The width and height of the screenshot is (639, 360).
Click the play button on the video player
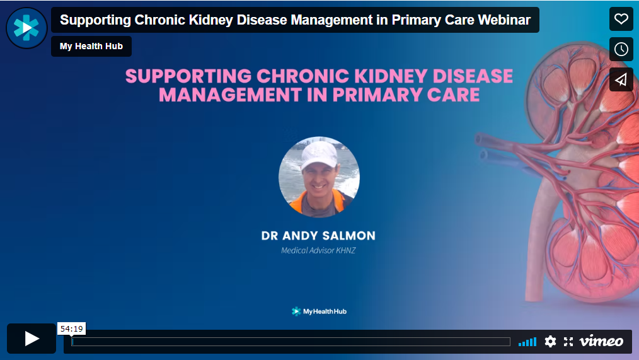point(32,339)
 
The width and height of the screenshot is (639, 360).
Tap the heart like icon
point(621,19)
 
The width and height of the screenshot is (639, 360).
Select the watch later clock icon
point(621,49)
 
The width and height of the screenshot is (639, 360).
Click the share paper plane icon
point(621,79)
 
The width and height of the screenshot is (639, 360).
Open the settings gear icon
point(550,341)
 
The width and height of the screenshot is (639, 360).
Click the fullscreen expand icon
point(568,341)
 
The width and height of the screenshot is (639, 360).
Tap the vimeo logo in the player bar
point(601,341)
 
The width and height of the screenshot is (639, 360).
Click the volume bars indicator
point(527,342)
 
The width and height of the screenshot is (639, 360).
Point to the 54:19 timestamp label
point(71,328)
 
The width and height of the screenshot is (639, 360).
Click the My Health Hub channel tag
point(91,47)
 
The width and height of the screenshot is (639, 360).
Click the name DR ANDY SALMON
point(318,236)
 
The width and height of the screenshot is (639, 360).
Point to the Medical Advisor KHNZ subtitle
point(318,251)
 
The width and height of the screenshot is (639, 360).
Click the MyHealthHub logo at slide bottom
point(319,311)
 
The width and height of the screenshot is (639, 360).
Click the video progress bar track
point(291,342)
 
